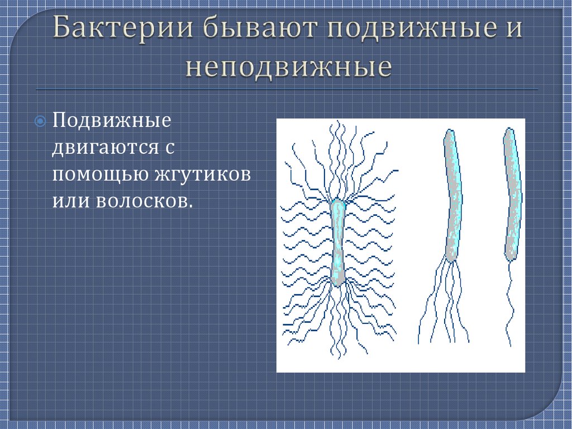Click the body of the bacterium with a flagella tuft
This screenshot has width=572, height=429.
(453, 196)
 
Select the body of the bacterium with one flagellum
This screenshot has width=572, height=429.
(512, 196)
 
